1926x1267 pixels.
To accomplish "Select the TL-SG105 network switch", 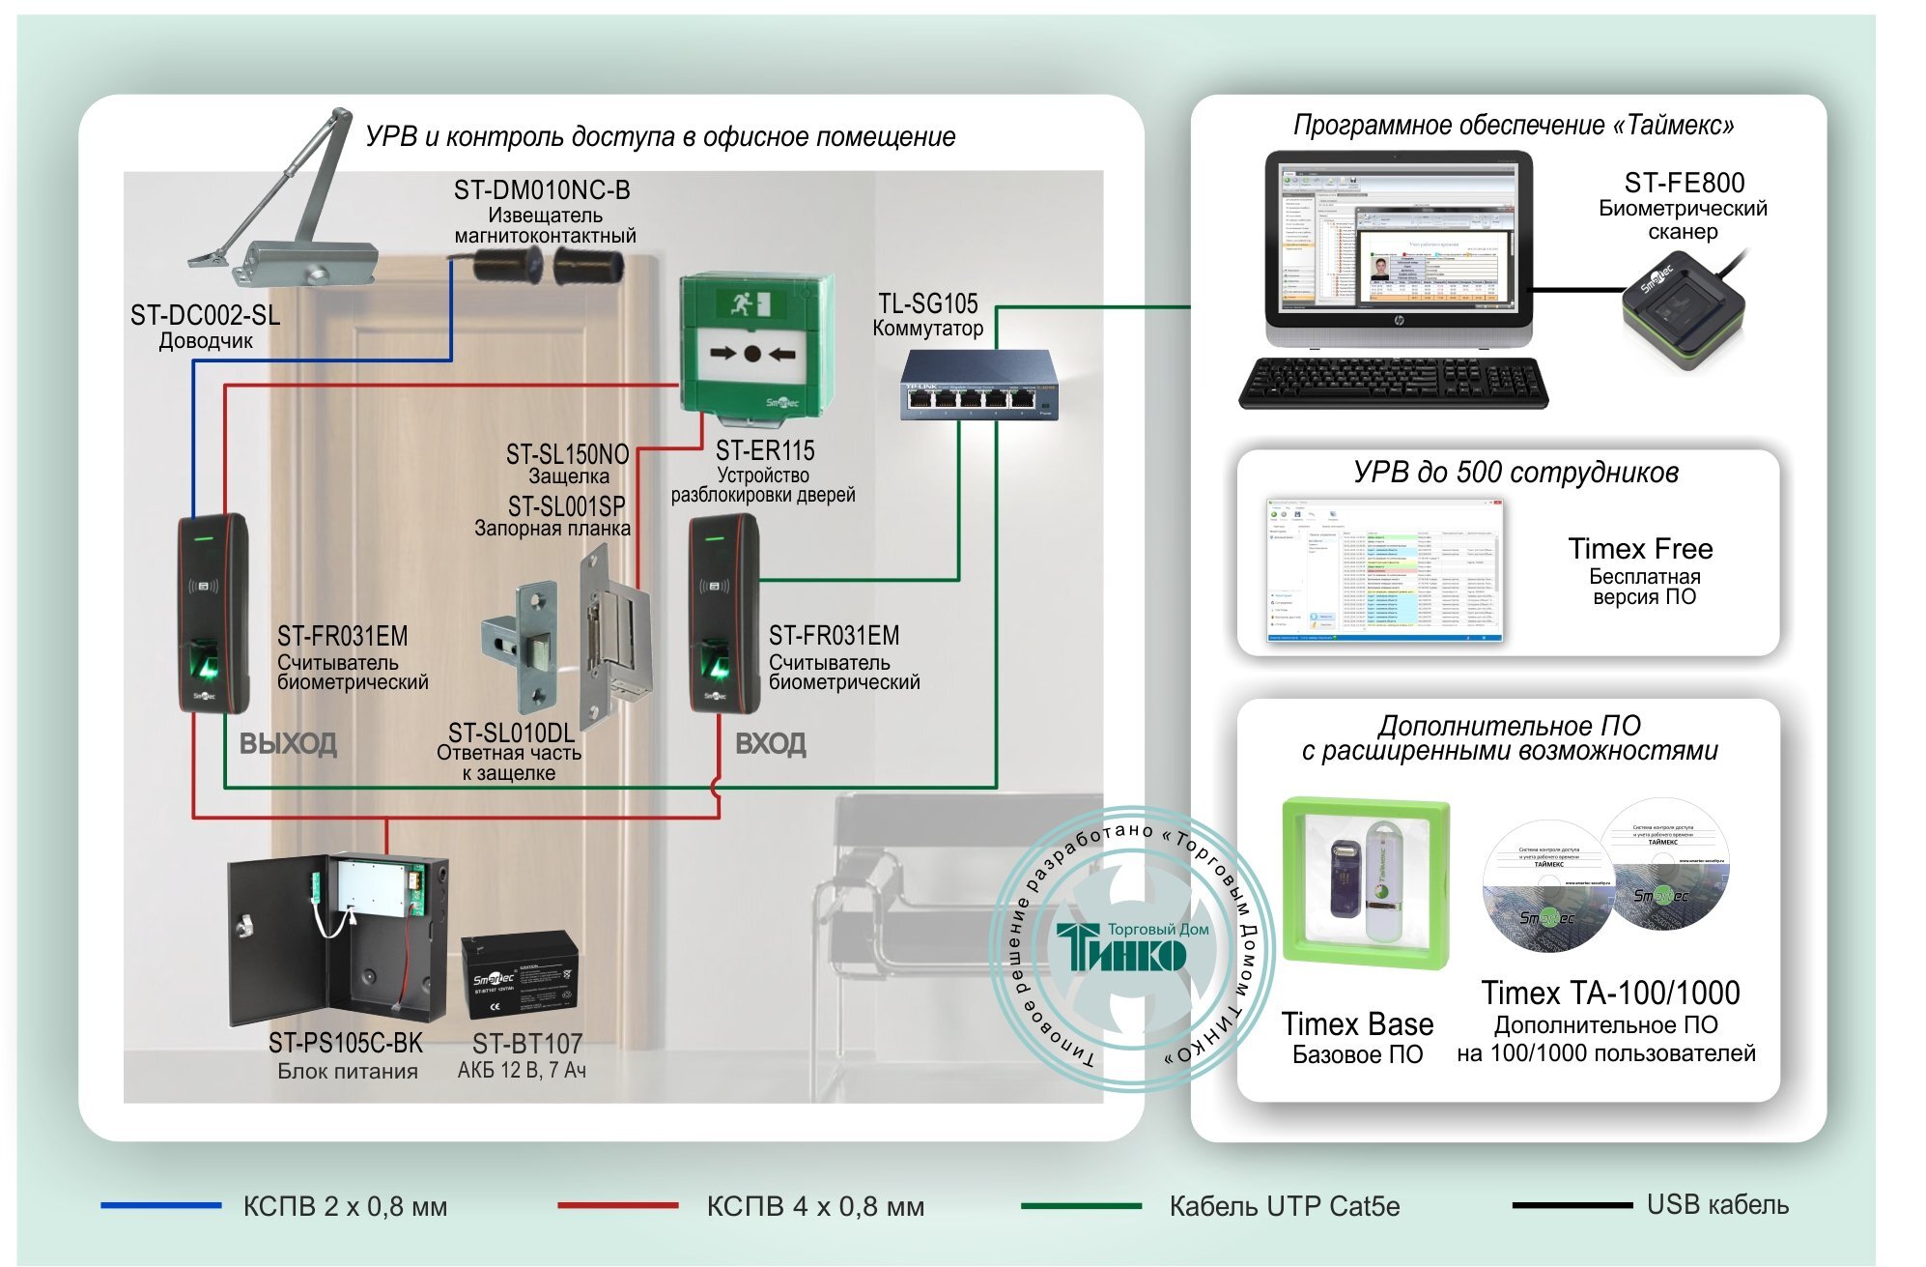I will (978, 387).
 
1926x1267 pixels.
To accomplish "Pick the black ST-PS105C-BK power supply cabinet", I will (338, 937).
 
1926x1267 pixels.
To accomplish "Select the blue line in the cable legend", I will (160, 1205).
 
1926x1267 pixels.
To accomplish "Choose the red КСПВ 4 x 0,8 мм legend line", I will (617, 1205).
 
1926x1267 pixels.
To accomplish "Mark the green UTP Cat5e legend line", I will (1081, 1205).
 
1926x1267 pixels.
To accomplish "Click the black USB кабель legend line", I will (1572, 1205).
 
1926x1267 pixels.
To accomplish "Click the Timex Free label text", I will (1640, 549).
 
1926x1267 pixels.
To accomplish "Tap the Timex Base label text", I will (1356, 1024).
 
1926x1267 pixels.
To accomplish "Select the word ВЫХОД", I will (288, 744).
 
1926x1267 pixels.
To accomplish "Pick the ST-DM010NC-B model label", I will (542, 190).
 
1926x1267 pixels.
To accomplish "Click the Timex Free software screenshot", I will (1384, 570).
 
